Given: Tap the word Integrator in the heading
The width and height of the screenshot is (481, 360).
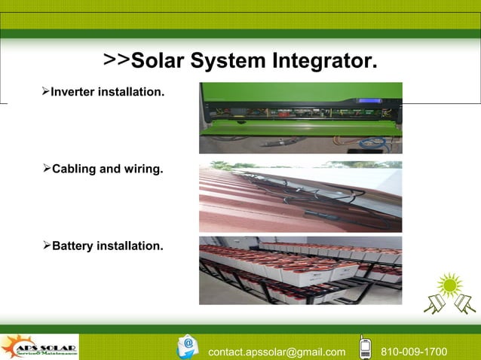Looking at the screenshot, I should (x=320, y=59).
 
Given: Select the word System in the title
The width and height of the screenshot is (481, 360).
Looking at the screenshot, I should (x=229, y=59).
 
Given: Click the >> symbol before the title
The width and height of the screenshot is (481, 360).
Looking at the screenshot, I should (x=117, y=59).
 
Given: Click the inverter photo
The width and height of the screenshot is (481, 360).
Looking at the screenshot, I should (x=300, y=117).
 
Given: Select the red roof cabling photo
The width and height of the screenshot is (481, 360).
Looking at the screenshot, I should (x=300, y=196).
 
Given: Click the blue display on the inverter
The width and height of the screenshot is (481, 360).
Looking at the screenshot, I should (x=369, y=100).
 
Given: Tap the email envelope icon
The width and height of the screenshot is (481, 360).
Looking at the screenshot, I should (x=188, y=346).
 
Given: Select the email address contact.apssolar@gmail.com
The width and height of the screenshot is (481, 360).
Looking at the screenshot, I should (x=277, y=352).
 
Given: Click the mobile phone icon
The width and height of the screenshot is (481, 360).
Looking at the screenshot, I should (x=365, y=346).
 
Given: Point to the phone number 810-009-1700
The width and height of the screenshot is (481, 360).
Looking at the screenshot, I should (x=414, y=352).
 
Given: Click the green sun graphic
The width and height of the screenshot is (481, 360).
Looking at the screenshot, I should (x=451, y=286).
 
